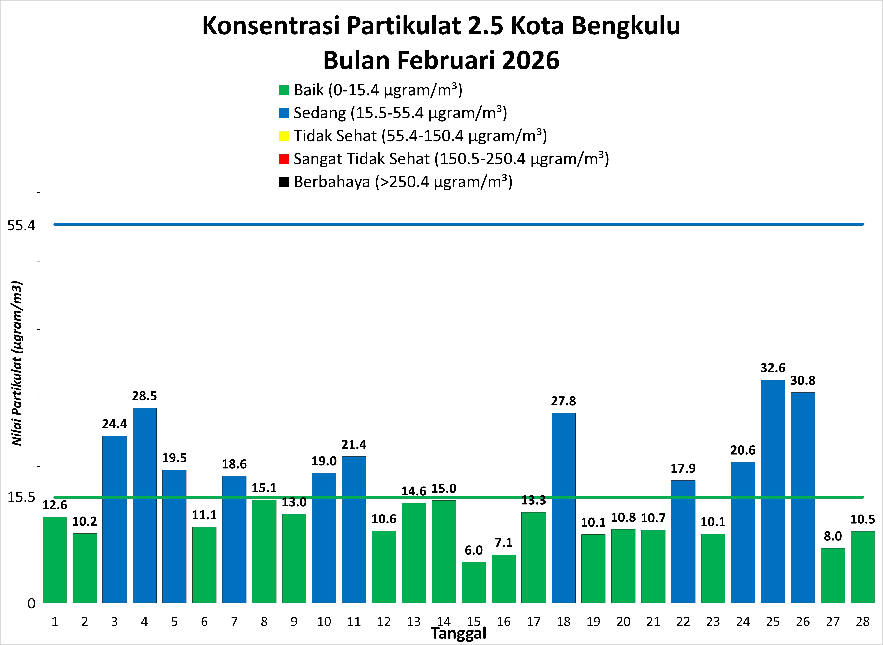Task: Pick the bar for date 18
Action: (x=563, y=508)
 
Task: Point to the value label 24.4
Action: (x=114, y=424)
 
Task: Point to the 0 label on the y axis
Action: (x=31, y=604)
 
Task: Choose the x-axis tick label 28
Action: (x=863, y=622)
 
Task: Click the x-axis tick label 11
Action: (x=354, y=622)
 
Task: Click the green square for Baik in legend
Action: (x=284, y=90)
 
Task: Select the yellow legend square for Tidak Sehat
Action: (x=284, y=136)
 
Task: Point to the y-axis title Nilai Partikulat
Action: (x=17, y=363)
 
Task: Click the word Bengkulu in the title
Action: (x=626, y=26)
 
